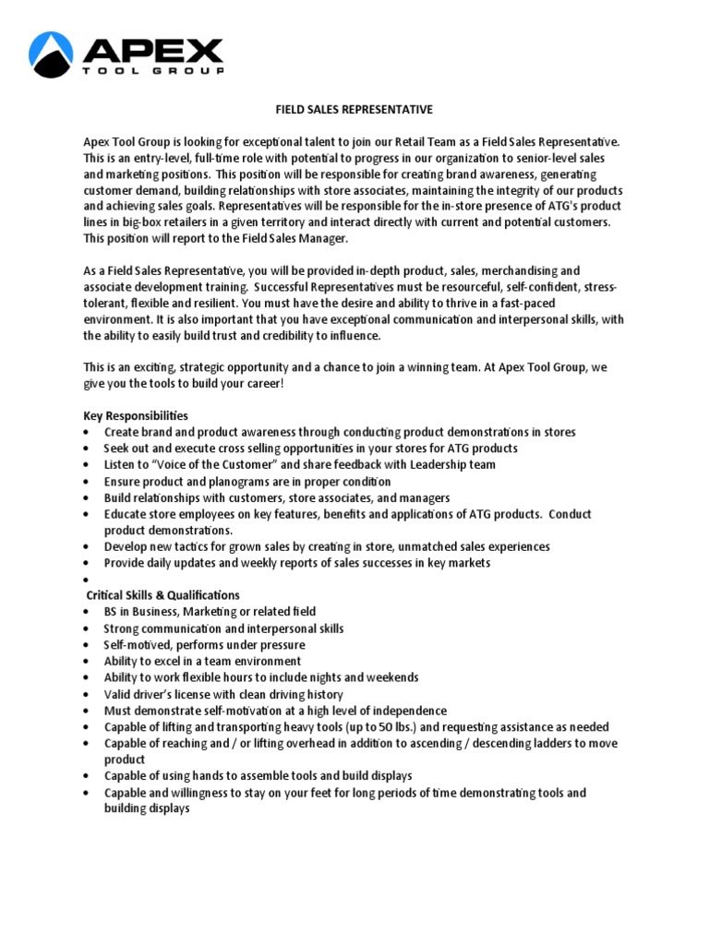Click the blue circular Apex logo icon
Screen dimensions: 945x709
point(52,54)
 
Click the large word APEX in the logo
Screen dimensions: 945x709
point(153,50)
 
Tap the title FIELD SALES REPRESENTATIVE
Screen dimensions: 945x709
point(354,110)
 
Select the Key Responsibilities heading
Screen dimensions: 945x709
point(136,416)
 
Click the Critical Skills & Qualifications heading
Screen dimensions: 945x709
point(162,595)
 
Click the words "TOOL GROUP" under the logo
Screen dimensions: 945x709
point(153,71)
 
